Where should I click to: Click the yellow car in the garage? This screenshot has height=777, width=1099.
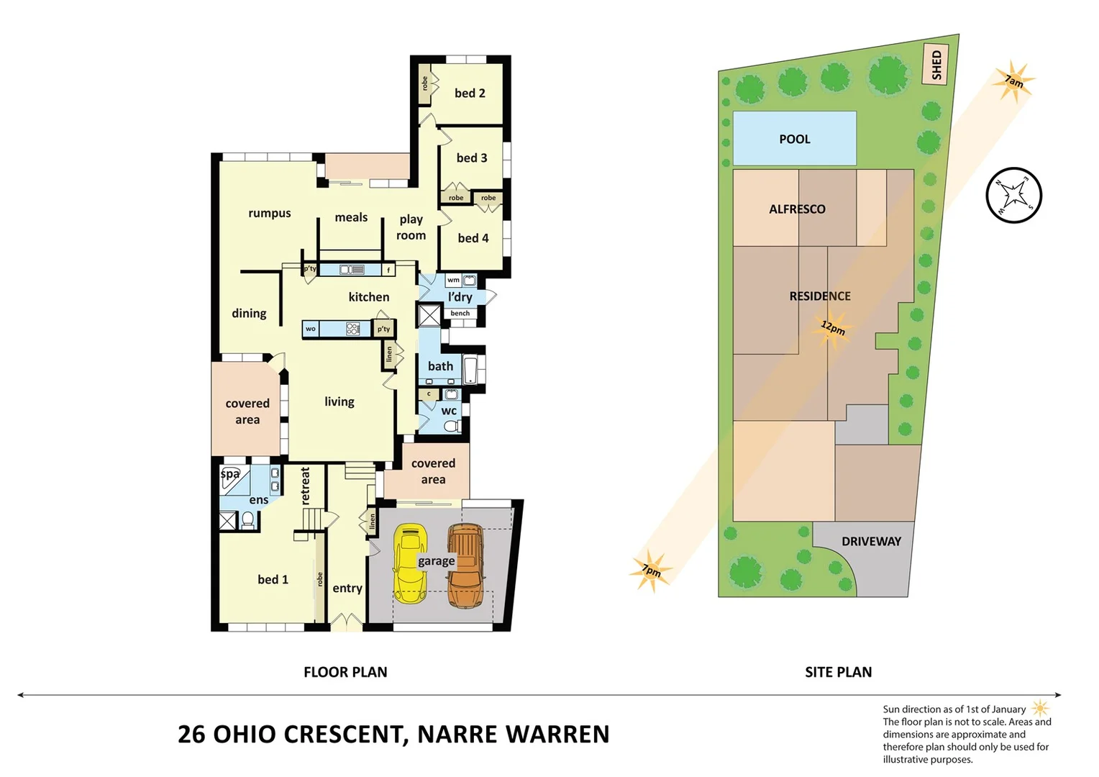[410, 563]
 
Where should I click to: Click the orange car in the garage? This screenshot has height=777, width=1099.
[465, 565]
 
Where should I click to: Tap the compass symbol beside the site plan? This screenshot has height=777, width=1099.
[1013, 196]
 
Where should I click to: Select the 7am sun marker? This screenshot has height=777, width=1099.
[1013, 83]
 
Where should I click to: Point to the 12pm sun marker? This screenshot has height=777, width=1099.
[833, 328]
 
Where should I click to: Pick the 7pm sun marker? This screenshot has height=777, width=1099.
[651, 571]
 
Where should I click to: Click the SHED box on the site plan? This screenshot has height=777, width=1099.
[936, 65]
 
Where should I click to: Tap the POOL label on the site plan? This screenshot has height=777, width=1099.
[794, 139]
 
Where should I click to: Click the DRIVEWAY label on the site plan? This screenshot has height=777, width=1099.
[871, 541]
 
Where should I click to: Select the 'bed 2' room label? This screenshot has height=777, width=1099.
[470, 93]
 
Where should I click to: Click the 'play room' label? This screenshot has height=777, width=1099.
[411, 227]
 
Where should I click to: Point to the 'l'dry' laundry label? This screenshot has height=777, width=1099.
[460, 296]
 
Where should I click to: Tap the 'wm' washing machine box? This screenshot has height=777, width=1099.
[453, 280]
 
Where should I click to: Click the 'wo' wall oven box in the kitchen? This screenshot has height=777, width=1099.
[310, 329]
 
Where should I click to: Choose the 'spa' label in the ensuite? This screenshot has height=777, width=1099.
[229, 474]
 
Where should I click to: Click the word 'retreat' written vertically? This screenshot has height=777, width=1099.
[305, 486]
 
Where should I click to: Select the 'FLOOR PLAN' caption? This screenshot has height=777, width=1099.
[345, 672]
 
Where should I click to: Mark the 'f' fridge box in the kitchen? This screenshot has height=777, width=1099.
[388, 271]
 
